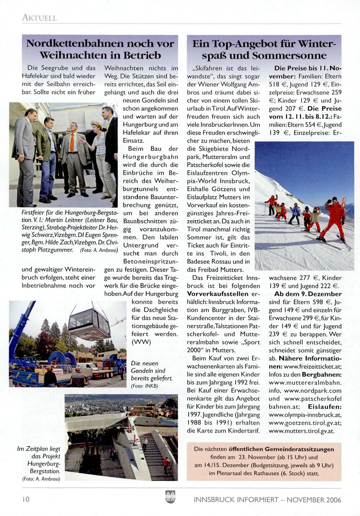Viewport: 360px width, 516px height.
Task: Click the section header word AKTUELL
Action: [x=39, y=18]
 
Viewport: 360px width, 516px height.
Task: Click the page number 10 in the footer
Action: [x=26, y=500]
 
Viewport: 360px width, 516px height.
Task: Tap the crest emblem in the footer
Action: [x=170, y=497]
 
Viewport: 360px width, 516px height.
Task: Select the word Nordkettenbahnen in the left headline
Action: [x=74, y=44]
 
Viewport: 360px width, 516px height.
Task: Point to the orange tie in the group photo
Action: [x=72, y=143]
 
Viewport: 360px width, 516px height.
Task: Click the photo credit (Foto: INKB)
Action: [x=144, y=386]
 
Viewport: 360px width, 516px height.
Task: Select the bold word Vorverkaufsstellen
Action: [x=218, y=294]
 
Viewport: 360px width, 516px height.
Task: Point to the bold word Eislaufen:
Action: [x=325, y=407]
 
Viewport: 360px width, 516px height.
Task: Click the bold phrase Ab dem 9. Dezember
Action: [x=308, y=294]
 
